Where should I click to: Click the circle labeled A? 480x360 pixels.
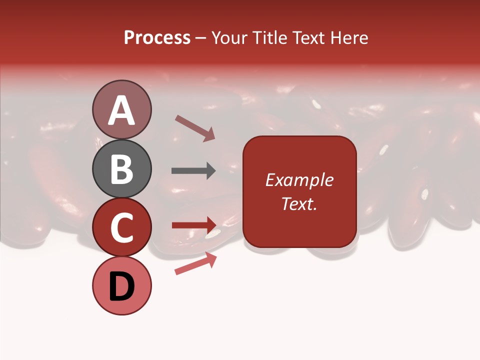click(122, 109)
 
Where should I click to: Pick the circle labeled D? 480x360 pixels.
click(122, 285)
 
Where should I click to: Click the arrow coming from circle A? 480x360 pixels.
click(194, 127)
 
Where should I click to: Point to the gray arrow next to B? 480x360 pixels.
click(193, 170)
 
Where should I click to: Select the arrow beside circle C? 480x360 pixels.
click(194, 225)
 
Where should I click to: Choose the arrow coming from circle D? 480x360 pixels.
click(195, 263)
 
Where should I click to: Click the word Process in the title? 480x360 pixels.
click(157, 38)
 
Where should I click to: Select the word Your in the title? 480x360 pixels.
click(228, 38)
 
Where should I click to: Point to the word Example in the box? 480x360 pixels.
click(299, 180)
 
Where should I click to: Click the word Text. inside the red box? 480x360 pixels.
click(299, 203)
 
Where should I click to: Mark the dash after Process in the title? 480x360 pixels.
click(201, 38)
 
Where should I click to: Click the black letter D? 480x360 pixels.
click(122, 287)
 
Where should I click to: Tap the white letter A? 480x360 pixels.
click(122, 110)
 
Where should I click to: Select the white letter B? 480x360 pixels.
click(122, 169)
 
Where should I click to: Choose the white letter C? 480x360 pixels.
click(122, 227)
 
